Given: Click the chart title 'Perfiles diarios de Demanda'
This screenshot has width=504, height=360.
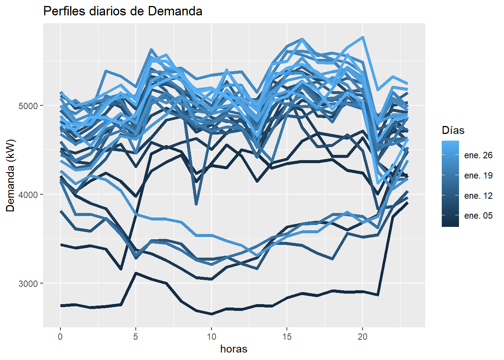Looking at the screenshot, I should [123, 11].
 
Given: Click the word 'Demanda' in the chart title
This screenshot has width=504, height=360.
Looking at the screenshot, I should [175, 11].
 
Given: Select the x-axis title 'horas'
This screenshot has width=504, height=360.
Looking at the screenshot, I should [234, 349].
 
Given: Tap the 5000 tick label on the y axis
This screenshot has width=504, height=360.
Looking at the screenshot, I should [28, 106].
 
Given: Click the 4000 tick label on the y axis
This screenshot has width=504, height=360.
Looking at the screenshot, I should [28, 195].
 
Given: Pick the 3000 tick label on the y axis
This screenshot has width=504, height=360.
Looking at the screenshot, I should [28, 283].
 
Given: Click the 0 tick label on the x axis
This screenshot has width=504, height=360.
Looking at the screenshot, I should [60, 337].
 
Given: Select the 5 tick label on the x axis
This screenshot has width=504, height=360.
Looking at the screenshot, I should [136, 337].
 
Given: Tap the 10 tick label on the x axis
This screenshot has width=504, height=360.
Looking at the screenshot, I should [211, 337].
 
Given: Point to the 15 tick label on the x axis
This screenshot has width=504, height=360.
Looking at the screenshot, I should [287, 337].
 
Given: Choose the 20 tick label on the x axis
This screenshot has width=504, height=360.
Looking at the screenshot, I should [362, 337].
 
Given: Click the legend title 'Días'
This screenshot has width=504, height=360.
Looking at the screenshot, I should [453, 130].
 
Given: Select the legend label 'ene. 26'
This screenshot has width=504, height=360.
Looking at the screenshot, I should [478, 155].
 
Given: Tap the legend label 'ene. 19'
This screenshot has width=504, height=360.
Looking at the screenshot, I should [478, 175].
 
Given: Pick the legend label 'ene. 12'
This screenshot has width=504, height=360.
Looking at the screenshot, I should [478, 196].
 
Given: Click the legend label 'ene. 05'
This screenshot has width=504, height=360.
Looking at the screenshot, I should [478, 216].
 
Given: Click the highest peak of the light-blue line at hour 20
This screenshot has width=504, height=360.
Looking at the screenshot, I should [363, 37].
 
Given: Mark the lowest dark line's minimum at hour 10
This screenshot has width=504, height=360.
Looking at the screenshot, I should [211, 314].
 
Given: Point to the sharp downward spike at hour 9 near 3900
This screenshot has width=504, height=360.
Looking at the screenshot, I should [196, 204].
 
